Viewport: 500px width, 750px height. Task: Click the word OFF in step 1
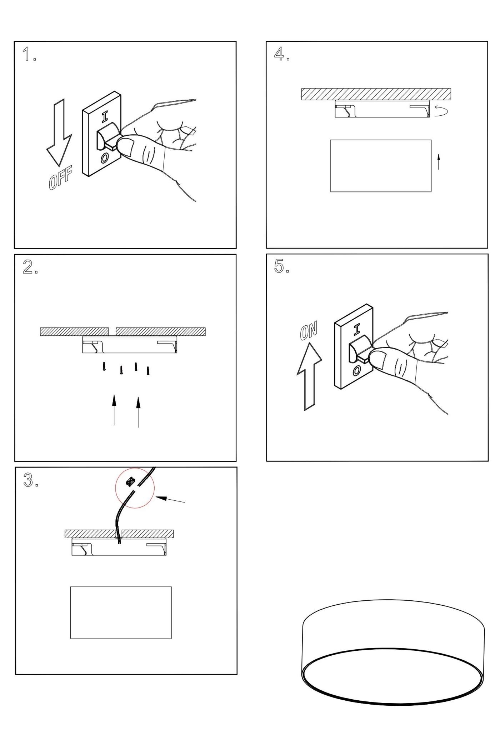tap(60, 177)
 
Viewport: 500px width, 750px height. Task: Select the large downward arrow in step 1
tap(59, 134)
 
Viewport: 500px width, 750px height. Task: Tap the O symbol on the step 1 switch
tap(105, 157)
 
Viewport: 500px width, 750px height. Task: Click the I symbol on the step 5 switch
tap(356, 330)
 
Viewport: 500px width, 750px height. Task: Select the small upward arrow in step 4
tap(438, 161)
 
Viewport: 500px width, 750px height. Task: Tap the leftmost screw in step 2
tap(104, 366)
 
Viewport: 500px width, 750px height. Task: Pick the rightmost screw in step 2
tap(148, 371)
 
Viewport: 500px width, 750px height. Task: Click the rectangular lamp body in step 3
tap(121, 612)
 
